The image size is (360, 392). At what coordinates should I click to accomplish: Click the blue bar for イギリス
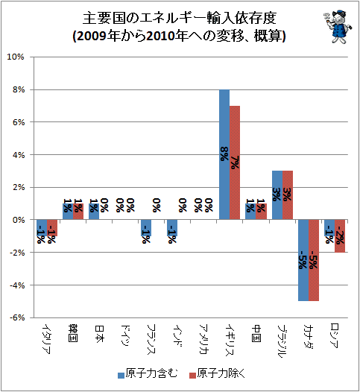pyautogui.click(x=224, y=154)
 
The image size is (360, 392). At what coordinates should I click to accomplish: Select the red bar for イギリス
pyautogui.click(x=235, y=162)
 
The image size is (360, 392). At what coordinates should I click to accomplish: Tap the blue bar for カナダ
pyautogui.click(x=303, y=260)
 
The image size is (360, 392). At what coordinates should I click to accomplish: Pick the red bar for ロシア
pyautogui.click(x=340, y=236)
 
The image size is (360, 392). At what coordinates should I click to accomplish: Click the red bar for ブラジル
pyautogui.click(x=288, y=195)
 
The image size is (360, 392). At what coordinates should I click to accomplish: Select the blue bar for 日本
pyautogui.click(x=94, y=212)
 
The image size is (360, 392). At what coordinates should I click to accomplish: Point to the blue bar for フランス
pyautogui.click(x=146, y=228)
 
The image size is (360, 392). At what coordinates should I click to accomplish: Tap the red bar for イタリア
pyautogui.click(x=52, y=228)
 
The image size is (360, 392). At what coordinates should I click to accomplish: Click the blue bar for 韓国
pyautogui.click(x=68, y=212)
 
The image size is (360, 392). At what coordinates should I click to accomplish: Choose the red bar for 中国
pyautogui.click(x=262, y=212)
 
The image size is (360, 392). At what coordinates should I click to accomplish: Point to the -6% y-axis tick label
pyautogui.click(x=17, y=317)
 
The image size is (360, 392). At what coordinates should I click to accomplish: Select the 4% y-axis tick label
pyautogui.click(x=19, y=155)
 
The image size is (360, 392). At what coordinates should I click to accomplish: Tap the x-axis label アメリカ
pyautogui.click(x=203, y=339)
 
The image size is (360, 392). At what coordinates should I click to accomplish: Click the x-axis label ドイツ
pyautogui.click(x=125, y=336)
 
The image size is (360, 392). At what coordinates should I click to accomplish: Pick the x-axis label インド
pyautogui.click(x=177, y=336)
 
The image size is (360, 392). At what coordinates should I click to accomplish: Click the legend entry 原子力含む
pyautogui.click(x=148, y=374)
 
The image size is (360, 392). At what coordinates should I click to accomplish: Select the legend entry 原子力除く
pyautogui.click(x=217, y=374)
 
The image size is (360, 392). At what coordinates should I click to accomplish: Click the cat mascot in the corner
pyautogui.click(x=337, y=27)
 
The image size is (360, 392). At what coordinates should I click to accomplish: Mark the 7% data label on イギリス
pyautogui.click(x=235, y=162)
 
